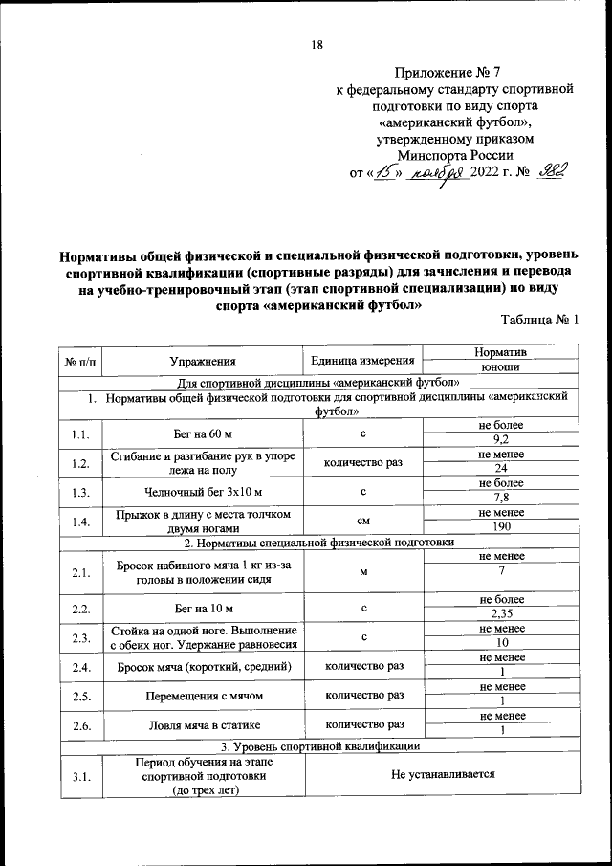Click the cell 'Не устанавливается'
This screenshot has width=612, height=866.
[443, 776]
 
